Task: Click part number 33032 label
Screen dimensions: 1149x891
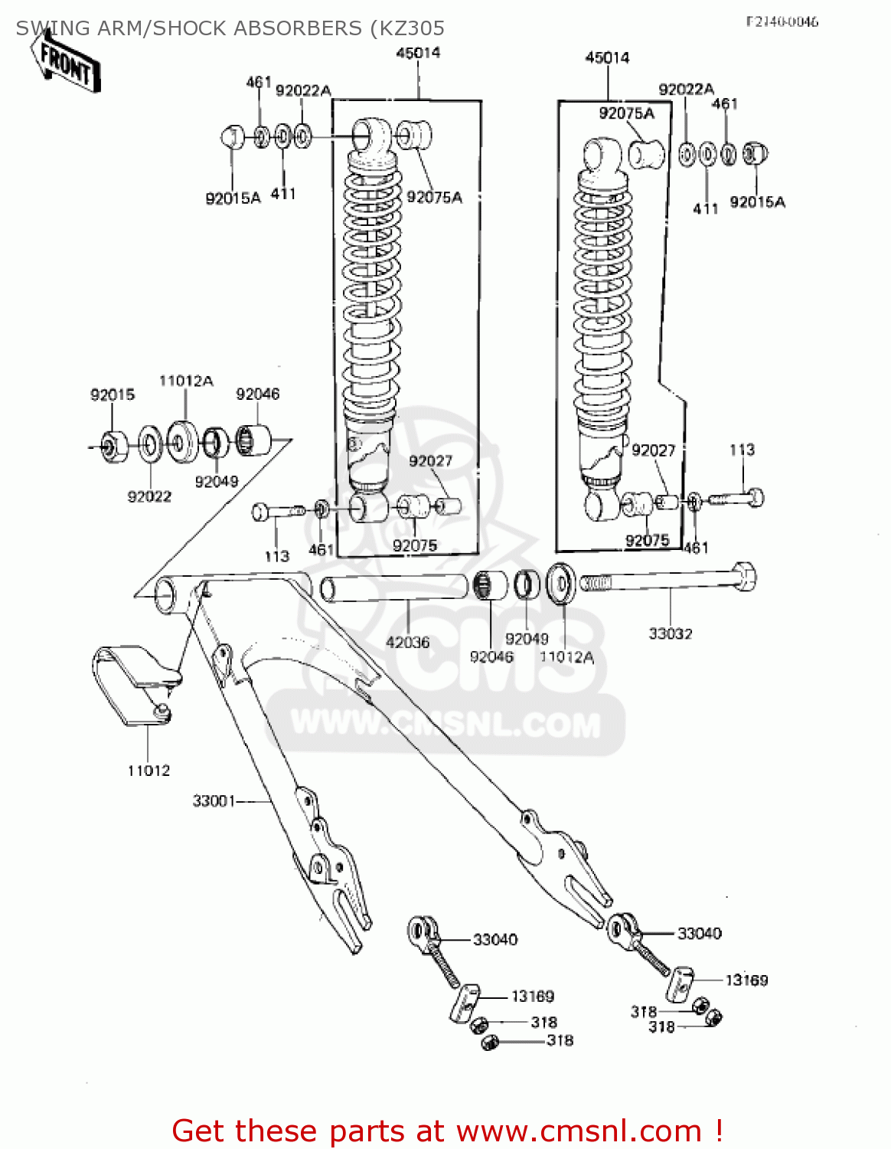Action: coord(670,633)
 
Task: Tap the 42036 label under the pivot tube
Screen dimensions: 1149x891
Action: coord(407,642)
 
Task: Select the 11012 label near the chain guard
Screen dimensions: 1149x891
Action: coord(148,771)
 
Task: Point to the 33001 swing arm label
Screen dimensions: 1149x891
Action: coord(214,801)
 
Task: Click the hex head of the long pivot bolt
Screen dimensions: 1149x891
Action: coord(742,576)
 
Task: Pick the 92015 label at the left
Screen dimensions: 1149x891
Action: coord(113,394)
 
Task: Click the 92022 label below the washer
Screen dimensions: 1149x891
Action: coord(149,496)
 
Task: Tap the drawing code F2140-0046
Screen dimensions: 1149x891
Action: coord(782,21)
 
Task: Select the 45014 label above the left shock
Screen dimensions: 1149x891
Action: coord(418,52)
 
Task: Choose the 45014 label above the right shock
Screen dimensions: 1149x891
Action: coord(607,57)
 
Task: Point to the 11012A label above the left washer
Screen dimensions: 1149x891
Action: coord(186,381)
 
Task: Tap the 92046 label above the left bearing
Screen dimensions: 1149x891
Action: coord(257,394)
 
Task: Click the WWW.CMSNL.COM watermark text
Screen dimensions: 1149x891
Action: coord(445,724)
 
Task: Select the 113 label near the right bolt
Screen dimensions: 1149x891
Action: coord(742,450)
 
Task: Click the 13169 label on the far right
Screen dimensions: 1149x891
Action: coord(746,980)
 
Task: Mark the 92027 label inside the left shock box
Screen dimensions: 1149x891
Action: coord(430,460)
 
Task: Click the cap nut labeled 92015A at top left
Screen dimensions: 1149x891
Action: coord(232,138)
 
